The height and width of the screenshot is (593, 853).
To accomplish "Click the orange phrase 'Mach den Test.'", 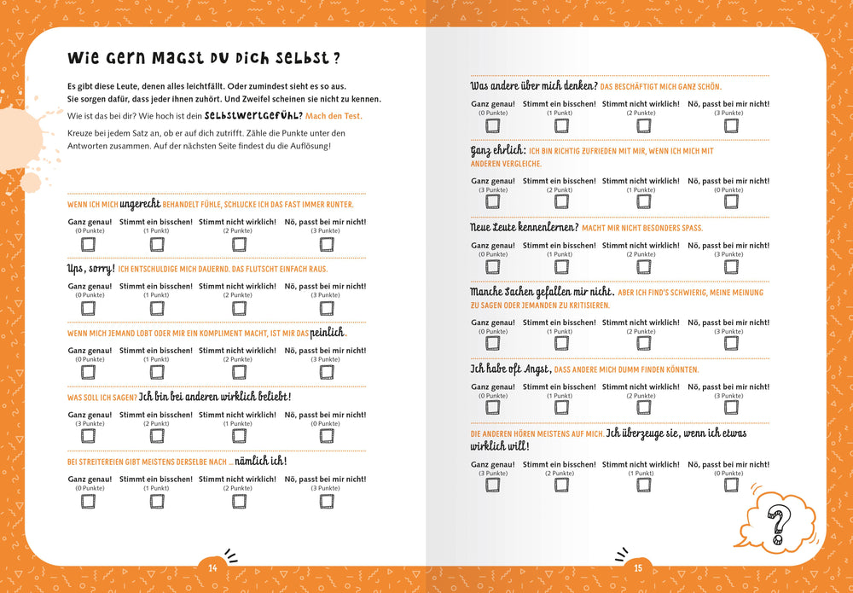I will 334,115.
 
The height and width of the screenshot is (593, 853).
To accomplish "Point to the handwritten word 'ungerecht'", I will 140,204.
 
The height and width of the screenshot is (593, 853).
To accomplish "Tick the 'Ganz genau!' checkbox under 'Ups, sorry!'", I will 89,308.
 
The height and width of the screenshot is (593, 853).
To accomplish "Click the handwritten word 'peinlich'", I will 328,332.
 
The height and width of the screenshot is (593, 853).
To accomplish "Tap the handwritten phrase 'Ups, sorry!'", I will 90,268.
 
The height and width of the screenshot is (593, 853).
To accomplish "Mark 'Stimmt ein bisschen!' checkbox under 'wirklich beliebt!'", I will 157,437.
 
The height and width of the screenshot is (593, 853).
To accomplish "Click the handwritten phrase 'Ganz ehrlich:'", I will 497,150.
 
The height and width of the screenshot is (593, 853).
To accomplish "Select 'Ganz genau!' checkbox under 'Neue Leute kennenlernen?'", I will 493,267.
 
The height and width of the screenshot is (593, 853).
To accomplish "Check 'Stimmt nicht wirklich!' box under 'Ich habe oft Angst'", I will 641,408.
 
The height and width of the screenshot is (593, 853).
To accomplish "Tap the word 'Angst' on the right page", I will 531,369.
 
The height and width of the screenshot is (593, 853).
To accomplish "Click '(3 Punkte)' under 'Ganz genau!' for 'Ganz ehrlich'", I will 493,189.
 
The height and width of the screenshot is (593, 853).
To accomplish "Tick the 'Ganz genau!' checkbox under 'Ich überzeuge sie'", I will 493,485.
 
